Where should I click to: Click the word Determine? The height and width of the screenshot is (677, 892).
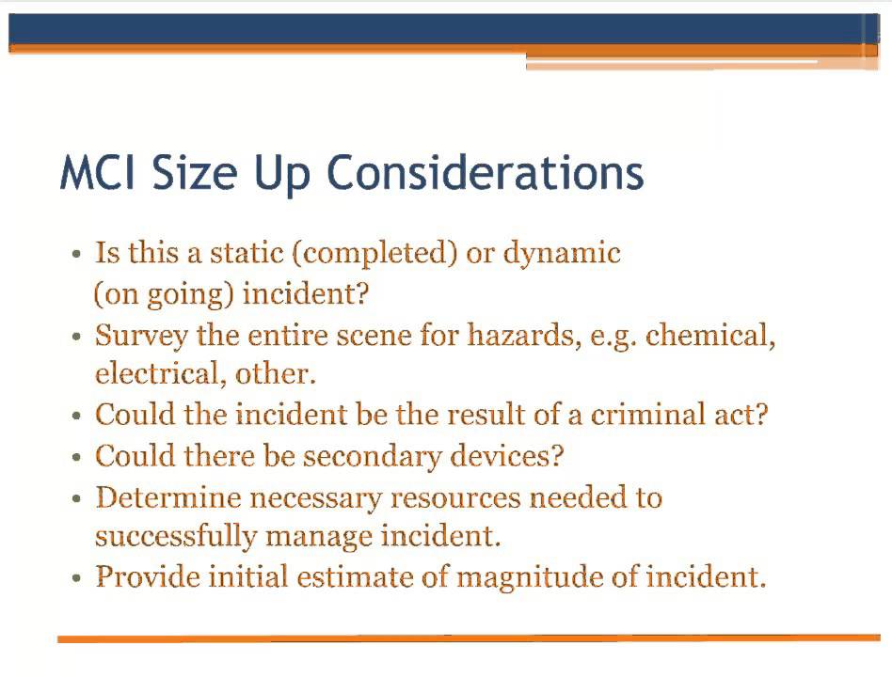pos(159,496)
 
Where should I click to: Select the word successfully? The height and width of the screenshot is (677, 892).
pos(175,537)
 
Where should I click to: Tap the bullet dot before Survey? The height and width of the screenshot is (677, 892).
pos(77,337)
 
